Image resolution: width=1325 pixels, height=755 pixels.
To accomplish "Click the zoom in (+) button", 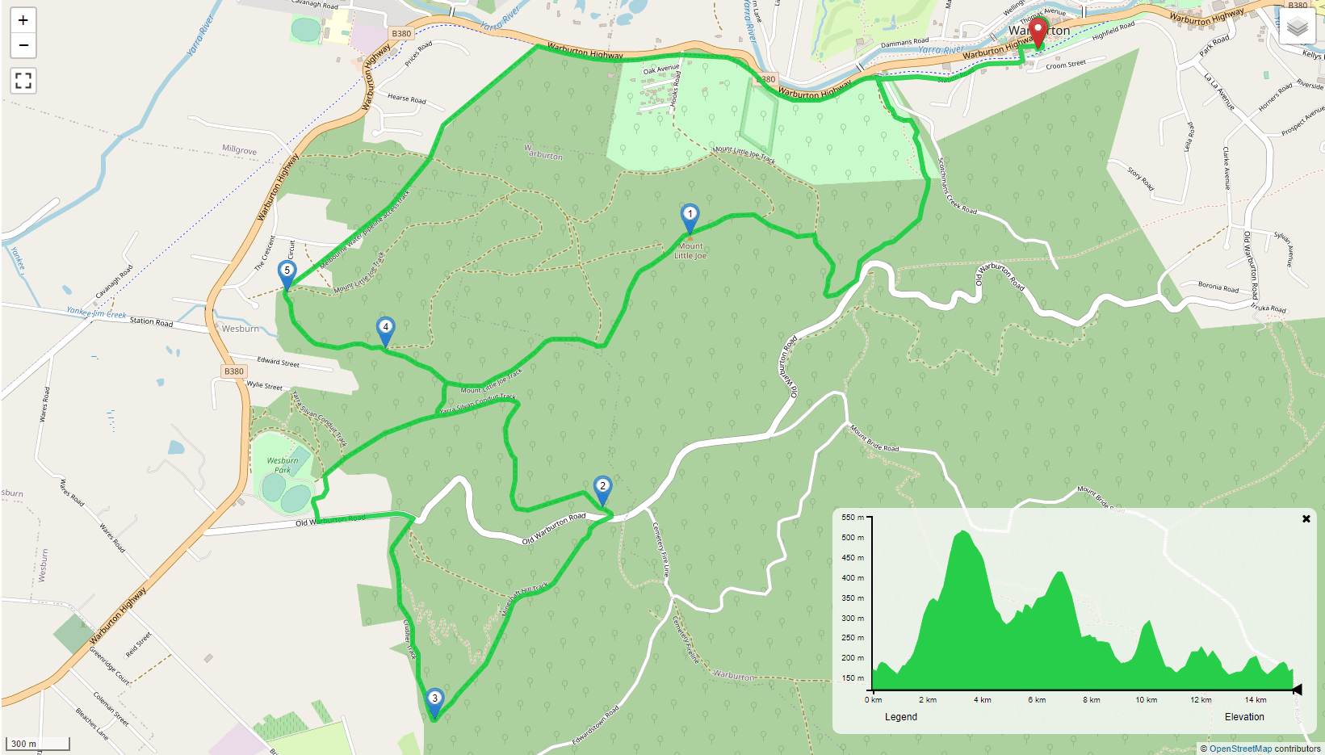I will click(x=23, y=20).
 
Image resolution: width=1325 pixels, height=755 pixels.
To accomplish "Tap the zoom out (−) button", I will click(x=23, y=45).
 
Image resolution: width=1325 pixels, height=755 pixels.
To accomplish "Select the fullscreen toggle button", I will click(x=23, y=81).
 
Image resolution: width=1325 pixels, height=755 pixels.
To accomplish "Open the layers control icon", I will click(x=1298, y=27).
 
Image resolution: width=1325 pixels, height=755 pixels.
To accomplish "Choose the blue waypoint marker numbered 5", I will click(x=287, y=274).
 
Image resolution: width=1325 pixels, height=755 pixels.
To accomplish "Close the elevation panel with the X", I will click(x=1306, y=519).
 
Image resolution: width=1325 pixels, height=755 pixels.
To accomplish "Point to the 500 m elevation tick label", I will click(x=853, y=538).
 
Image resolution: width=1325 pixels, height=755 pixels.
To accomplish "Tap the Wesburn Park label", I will click(x=283, y=465).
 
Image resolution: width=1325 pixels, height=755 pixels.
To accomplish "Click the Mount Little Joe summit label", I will click(x=690, y=251).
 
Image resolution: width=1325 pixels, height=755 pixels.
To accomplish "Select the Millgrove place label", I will click(x=239, y=150).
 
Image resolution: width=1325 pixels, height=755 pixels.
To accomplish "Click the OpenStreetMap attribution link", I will click(x=1239, y=749).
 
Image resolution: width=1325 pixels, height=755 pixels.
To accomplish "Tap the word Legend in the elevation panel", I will click(x=901, y=717).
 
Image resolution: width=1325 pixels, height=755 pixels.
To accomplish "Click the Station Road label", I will click(x=151, y=321).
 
